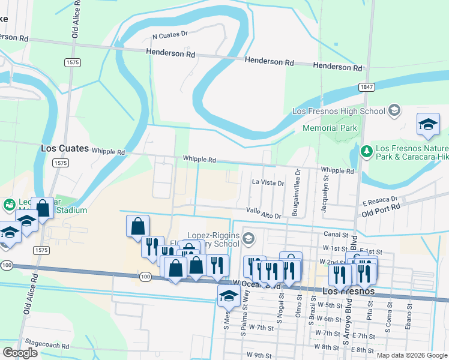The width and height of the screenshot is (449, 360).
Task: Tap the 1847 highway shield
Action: [367, 86]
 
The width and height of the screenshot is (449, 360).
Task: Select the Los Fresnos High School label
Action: [339, 111]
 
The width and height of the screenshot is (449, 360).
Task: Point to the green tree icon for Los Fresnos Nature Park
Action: [366, 150]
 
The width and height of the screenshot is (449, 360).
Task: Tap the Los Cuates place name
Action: [65, 148]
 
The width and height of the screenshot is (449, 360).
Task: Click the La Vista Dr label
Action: [268, 182]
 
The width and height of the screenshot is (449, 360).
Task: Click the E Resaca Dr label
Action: [381, 199]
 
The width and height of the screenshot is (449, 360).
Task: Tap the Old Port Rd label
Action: [381, 208]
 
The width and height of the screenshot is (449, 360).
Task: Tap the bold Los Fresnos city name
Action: [349, 291]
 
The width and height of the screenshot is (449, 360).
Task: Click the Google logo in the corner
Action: [20, 352]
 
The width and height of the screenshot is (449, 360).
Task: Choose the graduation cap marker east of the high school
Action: [428, 125]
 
